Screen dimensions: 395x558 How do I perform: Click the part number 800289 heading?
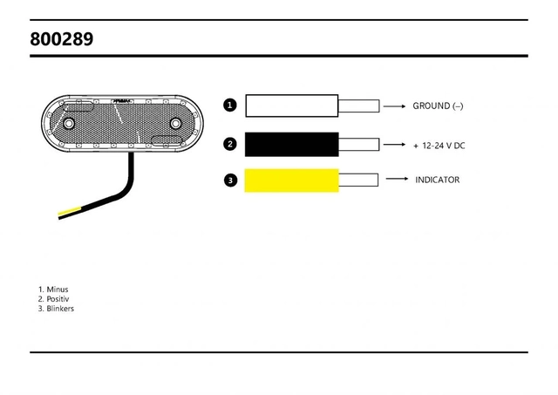61,39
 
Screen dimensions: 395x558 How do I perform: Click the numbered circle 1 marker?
230,106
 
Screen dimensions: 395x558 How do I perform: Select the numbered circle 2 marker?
230,144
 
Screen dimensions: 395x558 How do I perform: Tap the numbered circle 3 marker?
230,180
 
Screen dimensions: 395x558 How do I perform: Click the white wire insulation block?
291,106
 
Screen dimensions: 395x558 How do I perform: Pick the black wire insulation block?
291,144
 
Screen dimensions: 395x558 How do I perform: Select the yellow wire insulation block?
291,180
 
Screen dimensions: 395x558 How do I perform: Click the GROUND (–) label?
438,106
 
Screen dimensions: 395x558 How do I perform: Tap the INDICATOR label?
437,180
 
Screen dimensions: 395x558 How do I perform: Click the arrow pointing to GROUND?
396,106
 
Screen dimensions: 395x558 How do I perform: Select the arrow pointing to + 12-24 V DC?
396,145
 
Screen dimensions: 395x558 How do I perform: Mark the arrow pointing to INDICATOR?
397,179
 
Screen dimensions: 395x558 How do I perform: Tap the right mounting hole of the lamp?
175,126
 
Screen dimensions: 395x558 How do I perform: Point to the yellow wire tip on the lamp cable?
67,213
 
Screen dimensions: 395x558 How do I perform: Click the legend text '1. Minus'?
53,289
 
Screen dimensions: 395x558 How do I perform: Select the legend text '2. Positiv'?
54,299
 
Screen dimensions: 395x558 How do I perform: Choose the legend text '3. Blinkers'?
57,309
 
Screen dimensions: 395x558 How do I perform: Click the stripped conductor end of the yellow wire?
358,180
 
